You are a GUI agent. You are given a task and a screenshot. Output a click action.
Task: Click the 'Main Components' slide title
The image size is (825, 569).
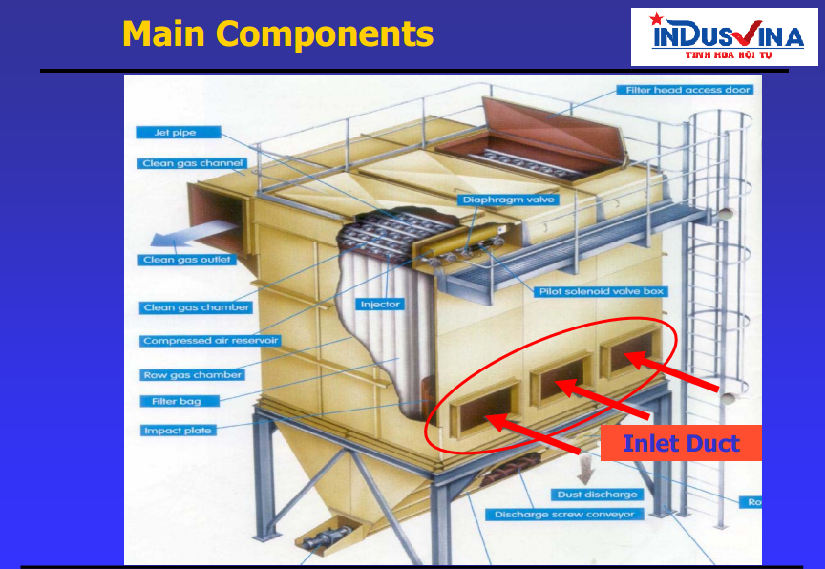(x=278, y=34)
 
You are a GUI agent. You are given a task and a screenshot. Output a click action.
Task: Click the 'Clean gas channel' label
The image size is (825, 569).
(x=192, y=163)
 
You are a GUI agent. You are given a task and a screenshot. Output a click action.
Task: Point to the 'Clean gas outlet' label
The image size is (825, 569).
(x=187, y=260)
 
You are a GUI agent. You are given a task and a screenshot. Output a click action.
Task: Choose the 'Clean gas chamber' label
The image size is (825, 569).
(x=197, y=307)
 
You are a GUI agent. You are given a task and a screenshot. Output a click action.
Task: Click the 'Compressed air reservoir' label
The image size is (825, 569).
(x=211, y=341)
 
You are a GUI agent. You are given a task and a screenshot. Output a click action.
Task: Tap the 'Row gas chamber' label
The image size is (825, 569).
(x=192, y=375)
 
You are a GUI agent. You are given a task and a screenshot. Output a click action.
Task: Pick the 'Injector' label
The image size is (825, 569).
(x=380, y=305)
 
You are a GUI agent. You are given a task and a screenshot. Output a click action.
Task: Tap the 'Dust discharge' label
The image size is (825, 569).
(x=597, y=495)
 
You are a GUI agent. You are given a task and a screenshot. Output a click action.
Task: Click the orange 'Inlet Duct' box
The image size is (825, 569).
(x=681, y=443)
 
